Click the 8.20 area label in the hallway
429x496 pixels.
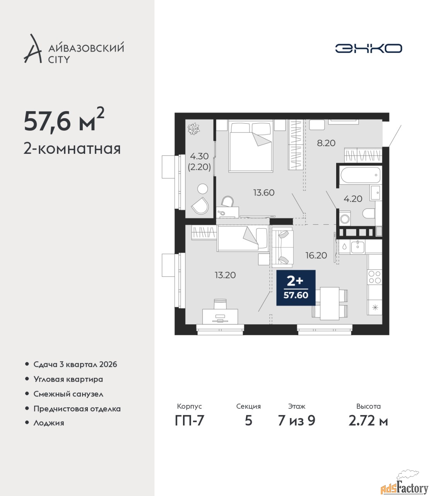coord(326,143)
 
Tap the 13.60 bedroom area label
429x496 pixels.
coord(264,193)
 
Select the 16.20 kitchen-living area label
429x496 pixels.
coord(316,255)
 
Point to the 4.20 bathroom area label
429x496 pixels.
coord(353,199)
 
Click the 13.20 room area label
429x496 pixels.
coord(225,275)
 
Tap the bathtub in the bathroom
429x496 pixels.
coord(361,175)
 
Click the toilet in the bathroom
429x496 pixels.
coord(369,213)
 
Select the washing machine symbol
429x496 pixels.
coord(345,219)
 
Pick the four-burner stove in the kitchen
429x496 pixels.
coord(374,277)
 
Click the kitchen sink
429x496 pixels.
coord(357,247)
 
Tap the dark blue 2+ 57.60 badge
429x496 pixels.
coord(296,288)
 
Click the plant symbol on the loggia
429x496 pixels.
coord(193,129)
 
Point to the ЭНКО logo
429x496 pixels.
coord(368,48)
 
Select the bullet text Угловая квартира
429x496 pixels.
coord(68,379)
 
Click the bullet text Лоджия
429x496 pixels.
coord(49,423)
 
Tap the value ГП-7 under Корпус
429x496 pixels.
coord(189,420)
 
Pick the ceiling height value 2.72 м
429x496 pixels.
coord(368,421)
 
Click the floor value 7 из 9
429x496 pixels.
coord(297,421)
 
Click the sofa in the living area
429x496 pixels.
coord(282,247)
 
